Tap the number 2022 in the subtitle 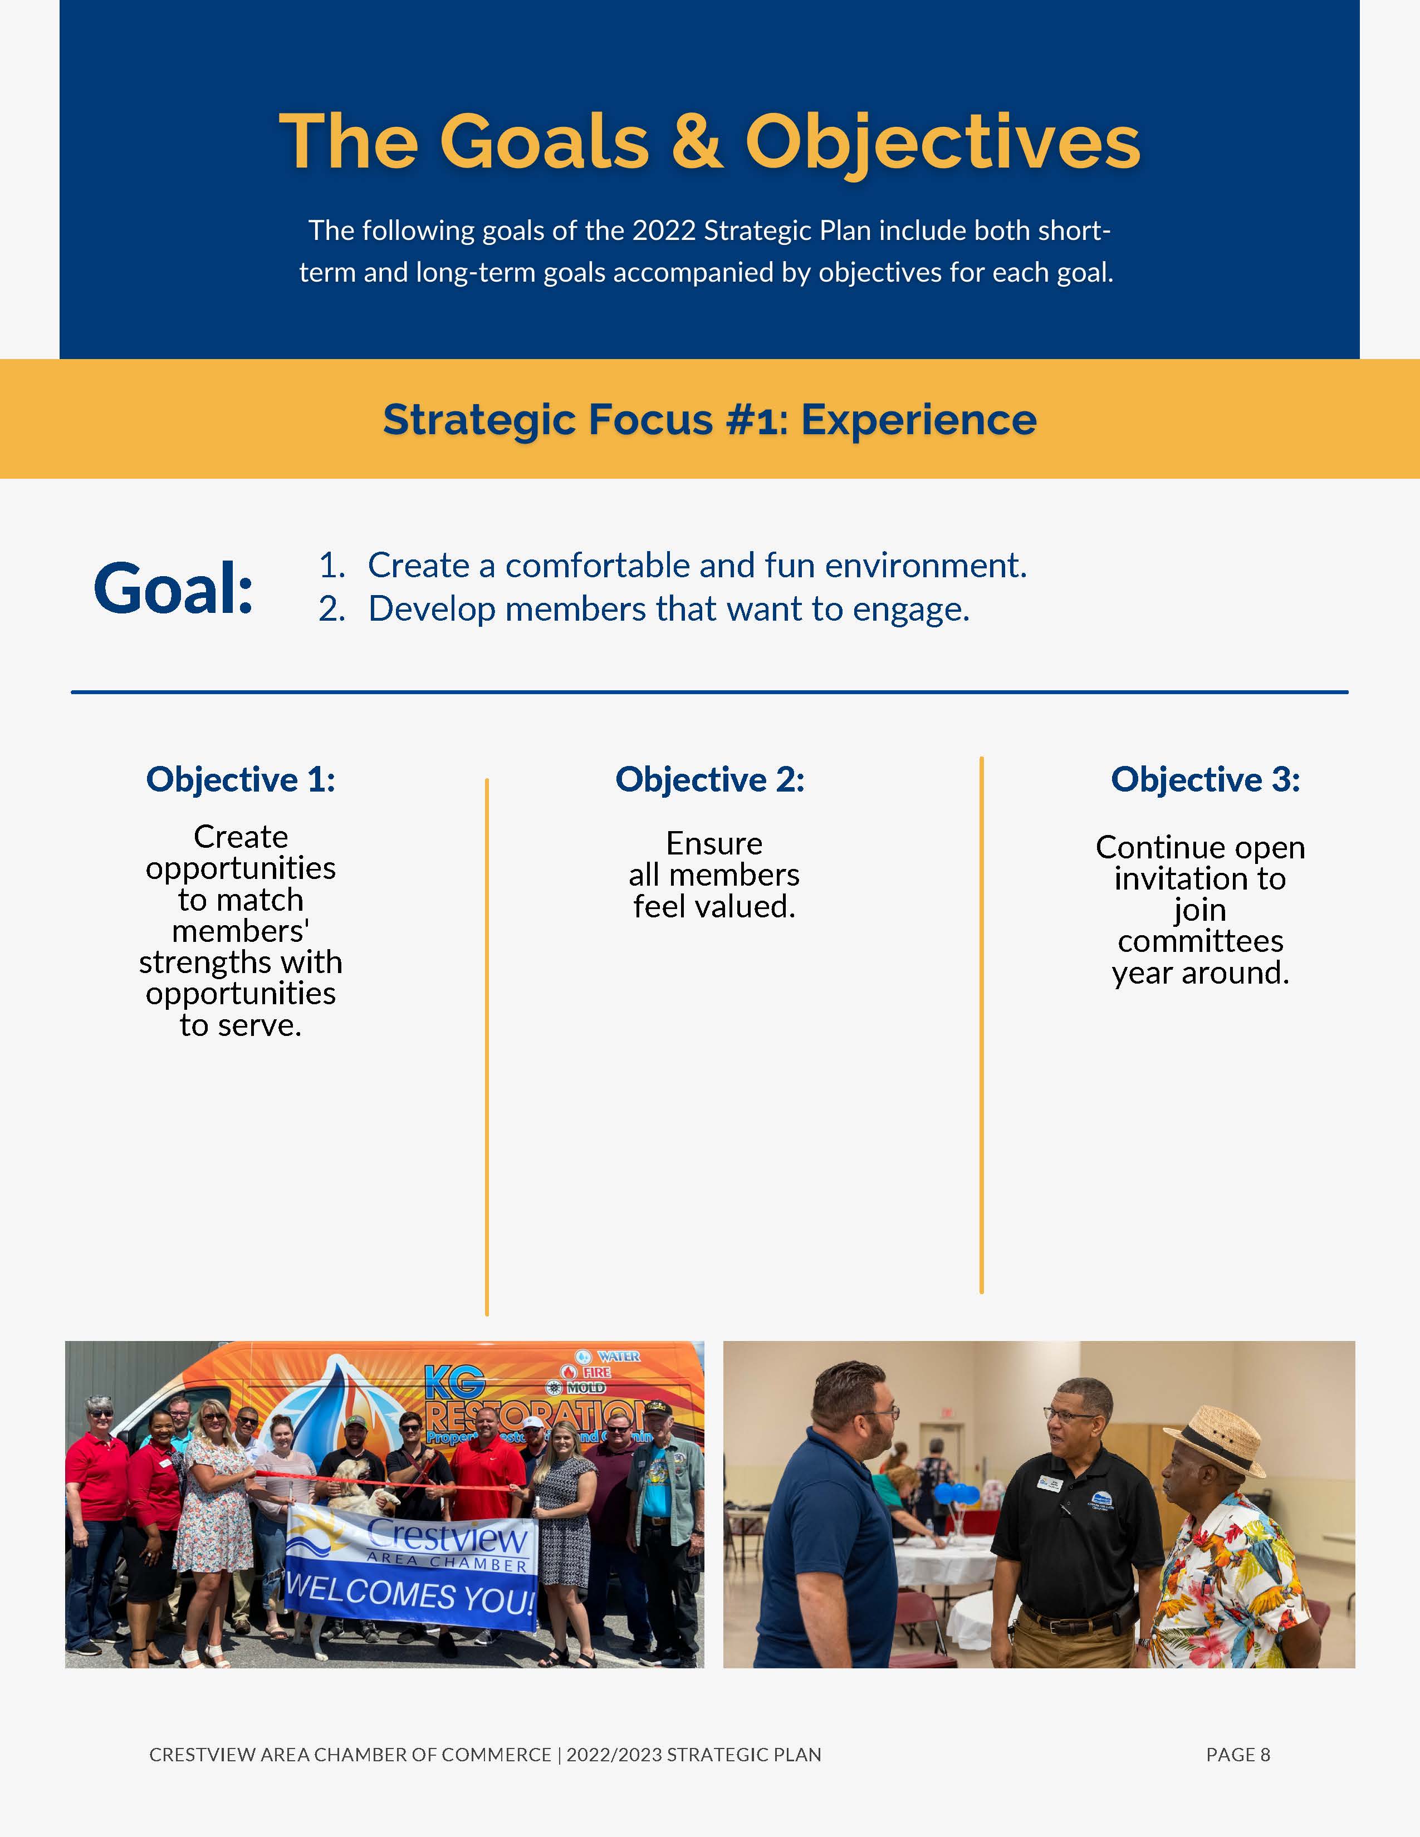click(x=664, y=230)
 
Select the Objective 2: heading click(x=710, y=780)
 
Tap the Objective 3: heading click(x=1206, y=780)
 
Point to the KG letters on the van click(x=455, y=1383)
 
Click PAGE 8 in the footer click(x=1237, y=1755)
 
